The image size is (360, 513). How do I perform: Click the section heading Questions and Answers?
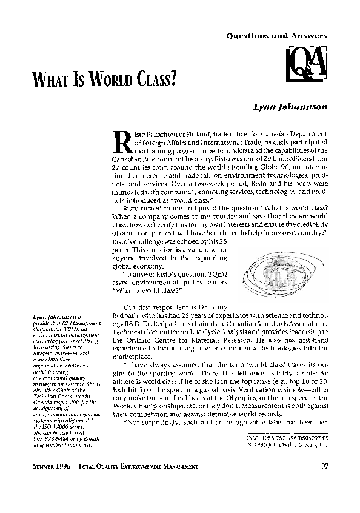pyautogui.click(x=276, y=36)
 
